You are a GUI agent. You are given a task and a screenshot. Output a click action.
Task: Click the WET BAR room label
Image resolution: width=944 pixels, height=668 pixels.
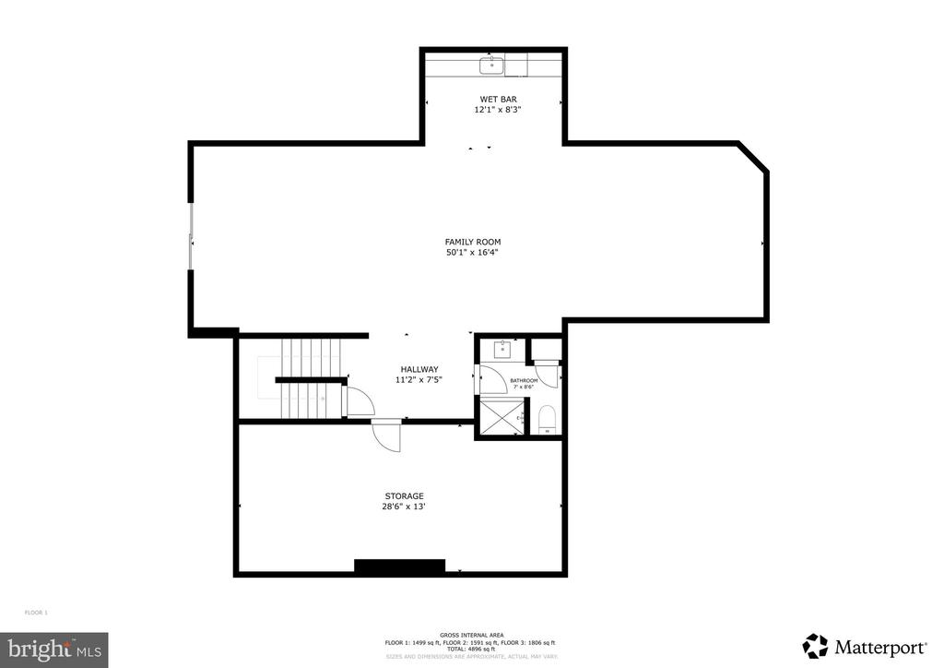[491, 99]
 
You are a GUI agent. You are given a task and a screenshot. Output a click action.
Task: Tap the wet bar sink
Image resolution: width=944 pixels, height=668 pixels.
[491, 65]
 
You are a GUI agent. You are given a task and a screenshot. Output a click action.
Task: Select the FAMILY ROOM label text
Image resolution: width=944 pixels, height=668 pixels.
[473, 242]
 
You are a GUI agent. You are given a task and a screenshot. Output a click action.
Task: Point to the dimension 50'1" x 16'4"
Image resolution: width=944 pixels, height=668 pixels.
[473, 252]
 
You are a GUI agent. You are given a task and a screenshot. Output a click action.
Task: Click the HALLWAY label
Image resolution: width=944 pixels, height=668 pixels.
[419, 369]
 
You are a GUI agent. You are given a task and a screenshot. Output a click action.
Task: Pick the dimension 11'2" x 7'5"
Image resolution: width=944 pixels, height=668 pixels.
[419, 379]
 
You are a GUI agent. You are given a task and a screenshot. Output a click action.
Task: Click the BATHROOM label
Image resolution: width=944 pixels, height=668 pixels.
[525, 380]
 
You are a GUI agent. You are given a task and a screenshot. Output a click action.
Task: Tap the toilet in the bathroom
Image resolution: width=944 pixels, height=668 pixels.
[546, 419]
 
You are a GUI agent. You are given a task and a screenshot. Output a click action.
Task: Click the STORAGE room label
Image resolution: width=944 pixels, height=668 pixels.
[405, 495]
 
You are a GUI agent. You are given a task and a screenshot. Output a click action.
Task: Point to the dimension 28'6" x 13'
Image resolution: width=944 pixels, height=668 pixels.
[405, 506]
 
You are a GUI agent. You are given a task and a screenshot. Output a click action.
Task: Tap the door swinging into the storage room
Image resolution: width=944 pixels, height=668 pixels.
[388, 434]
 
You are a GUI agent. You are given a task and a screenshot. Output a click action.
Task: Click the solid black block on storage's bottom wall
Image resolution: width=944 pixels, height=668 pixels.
[400, 567]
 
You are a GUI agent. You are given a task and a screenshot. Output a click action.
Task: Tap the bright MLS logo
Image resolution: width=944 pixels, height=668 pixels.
[53, 650]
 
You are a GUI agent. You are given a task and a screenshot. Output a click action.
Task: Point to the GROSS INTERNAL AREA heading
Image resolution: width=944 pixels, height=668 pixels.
[469, 636]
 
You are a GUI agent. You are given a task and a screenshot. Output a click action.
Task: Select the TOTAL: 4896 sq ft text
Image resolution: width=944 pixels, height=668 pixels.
[469, 649]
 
